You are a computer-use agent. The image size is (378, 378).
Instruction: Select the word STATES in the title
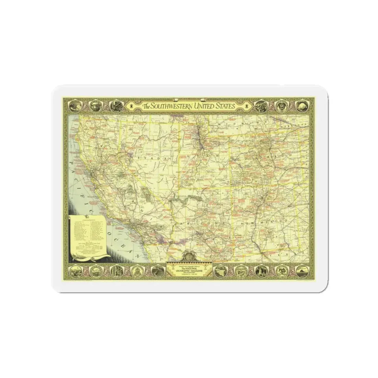(225, 106)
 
